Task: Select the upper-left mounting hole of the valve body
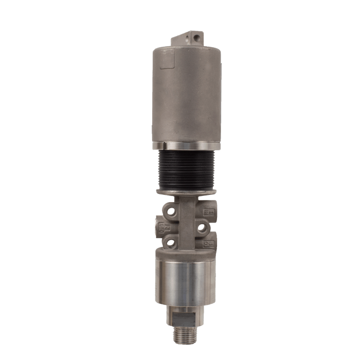click(170, 209)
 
